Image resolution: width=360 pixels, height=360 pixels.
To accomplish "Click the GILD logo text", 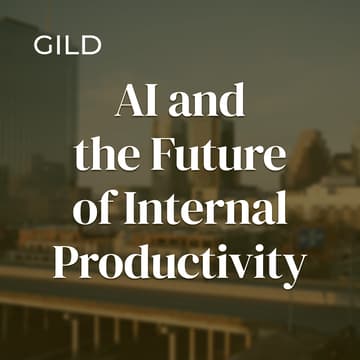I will pyautogui.click(x=67, y=46).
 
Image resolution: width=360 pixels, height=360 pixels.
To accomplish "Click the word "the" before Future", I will pyautogui.click(x=104, y=157).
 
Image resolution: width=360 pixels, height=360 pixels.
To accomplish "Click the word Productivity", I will pyautogui.click(x=180, y=264).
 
